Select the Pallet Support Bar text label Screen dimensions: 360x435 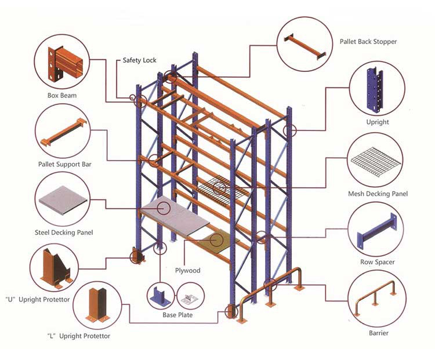click(64, 164)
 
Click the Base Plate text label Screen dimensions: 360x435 click(177, 315)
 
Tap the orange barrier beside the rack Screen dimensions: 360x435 click(273, 290)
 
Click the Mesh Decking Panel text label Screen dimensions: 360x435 click(377, 194)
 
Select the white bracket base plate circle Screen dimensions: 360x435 click(190, 296)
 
